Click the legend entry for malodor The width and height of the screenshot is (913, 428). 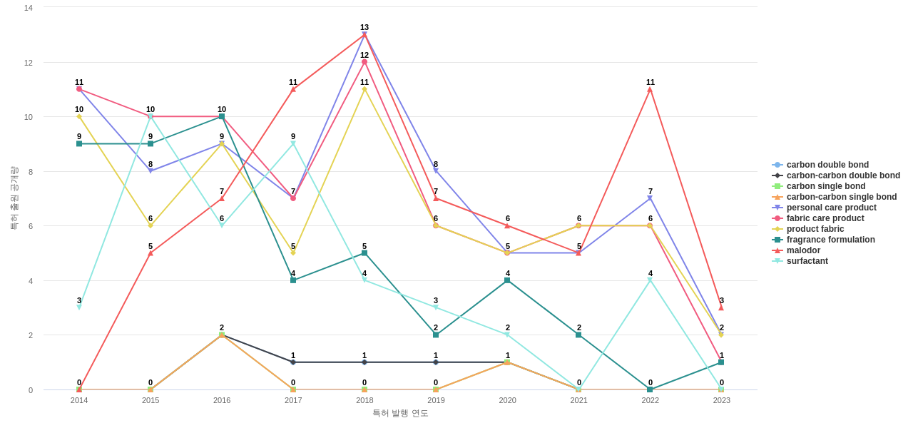click(803, 250)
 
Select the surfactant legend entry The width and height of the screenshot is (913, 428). click(807, 261)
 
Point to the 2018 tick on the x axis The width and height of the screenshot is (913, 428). click(364, 400)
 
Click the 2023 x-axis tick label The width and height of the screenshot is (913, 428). click(721, 400)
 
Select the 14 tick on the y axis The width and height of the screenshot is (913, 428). click(29, 8)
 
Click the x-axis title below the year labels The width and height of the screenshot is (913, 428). click(400, 413)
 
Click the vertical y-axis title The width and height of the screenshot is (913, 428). click(14, 198)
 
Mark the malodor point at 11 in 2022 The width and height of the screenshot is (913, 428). click(650, 89)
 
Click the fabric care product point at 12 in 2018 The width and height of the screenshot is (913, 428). click(364, 62)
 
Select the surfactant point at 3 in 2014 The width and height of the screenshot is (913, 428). click(79, 307)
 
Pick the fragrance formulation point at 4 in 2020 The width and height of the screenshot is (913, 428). click(507, 280)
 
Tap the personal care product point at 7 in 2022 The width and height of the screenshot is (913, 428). click(650, 198)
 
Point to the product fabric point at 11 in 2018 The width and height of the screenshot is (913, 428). click(364, 89)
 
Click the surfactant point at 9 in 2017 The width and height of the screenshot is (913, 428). click(293, 144)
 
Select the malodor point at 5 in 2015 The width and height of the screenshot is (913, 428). click(151, 253)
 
